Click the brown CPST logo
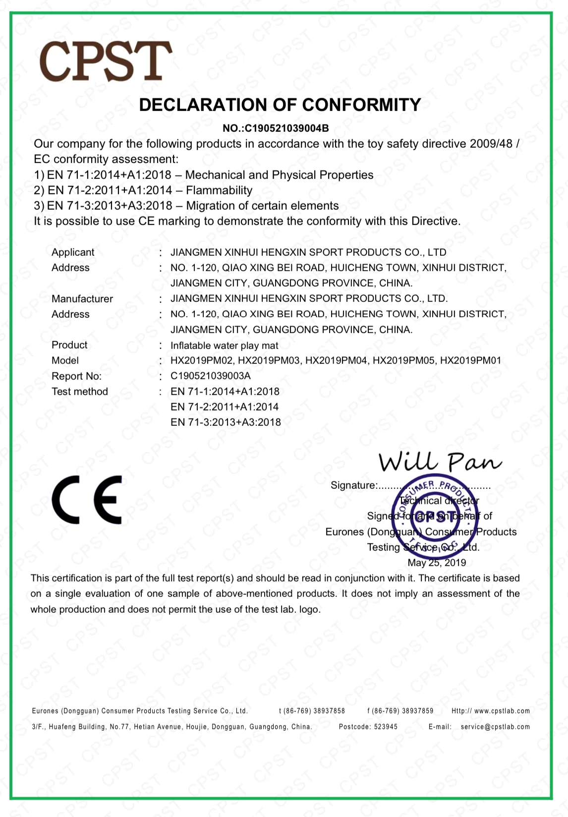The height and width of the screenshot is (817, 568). pos(106,61)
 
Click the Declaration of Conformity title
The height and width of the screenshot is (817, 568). pos(280,105)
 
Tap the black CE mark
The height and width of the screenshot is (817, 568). pos(87,500)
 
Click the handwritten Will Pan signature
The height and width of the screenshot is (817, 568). pos(440,462)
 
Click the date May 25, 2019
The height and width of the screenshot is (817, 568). pos(437,563)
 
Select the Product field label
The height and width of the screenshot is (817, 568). pos(69,345)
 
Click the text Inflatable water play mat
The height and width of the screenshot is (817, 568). pos(224,346)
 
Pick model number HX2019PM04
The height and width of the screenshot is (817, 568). pos(337,360)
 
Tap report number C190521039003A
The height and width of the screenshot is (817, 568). pos(211,376)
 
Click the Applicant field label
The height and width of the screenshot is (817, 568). pos(73,252)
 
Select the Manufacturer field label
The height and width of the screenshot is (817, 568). pos(82,299)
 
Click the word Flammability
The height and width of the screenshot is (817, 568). pos(219,190)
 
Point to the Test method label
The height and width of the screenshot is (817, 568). pos(80,392)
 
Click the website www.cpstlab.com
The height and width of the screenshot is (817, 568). pos(502,711)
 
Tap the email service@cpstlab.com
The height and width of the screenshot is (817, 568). pos(495,727)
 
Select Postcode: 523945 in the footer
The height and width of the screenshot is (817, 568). pos(368,727)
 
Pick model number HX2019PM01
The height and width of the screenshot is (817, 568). pos(471,360)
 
